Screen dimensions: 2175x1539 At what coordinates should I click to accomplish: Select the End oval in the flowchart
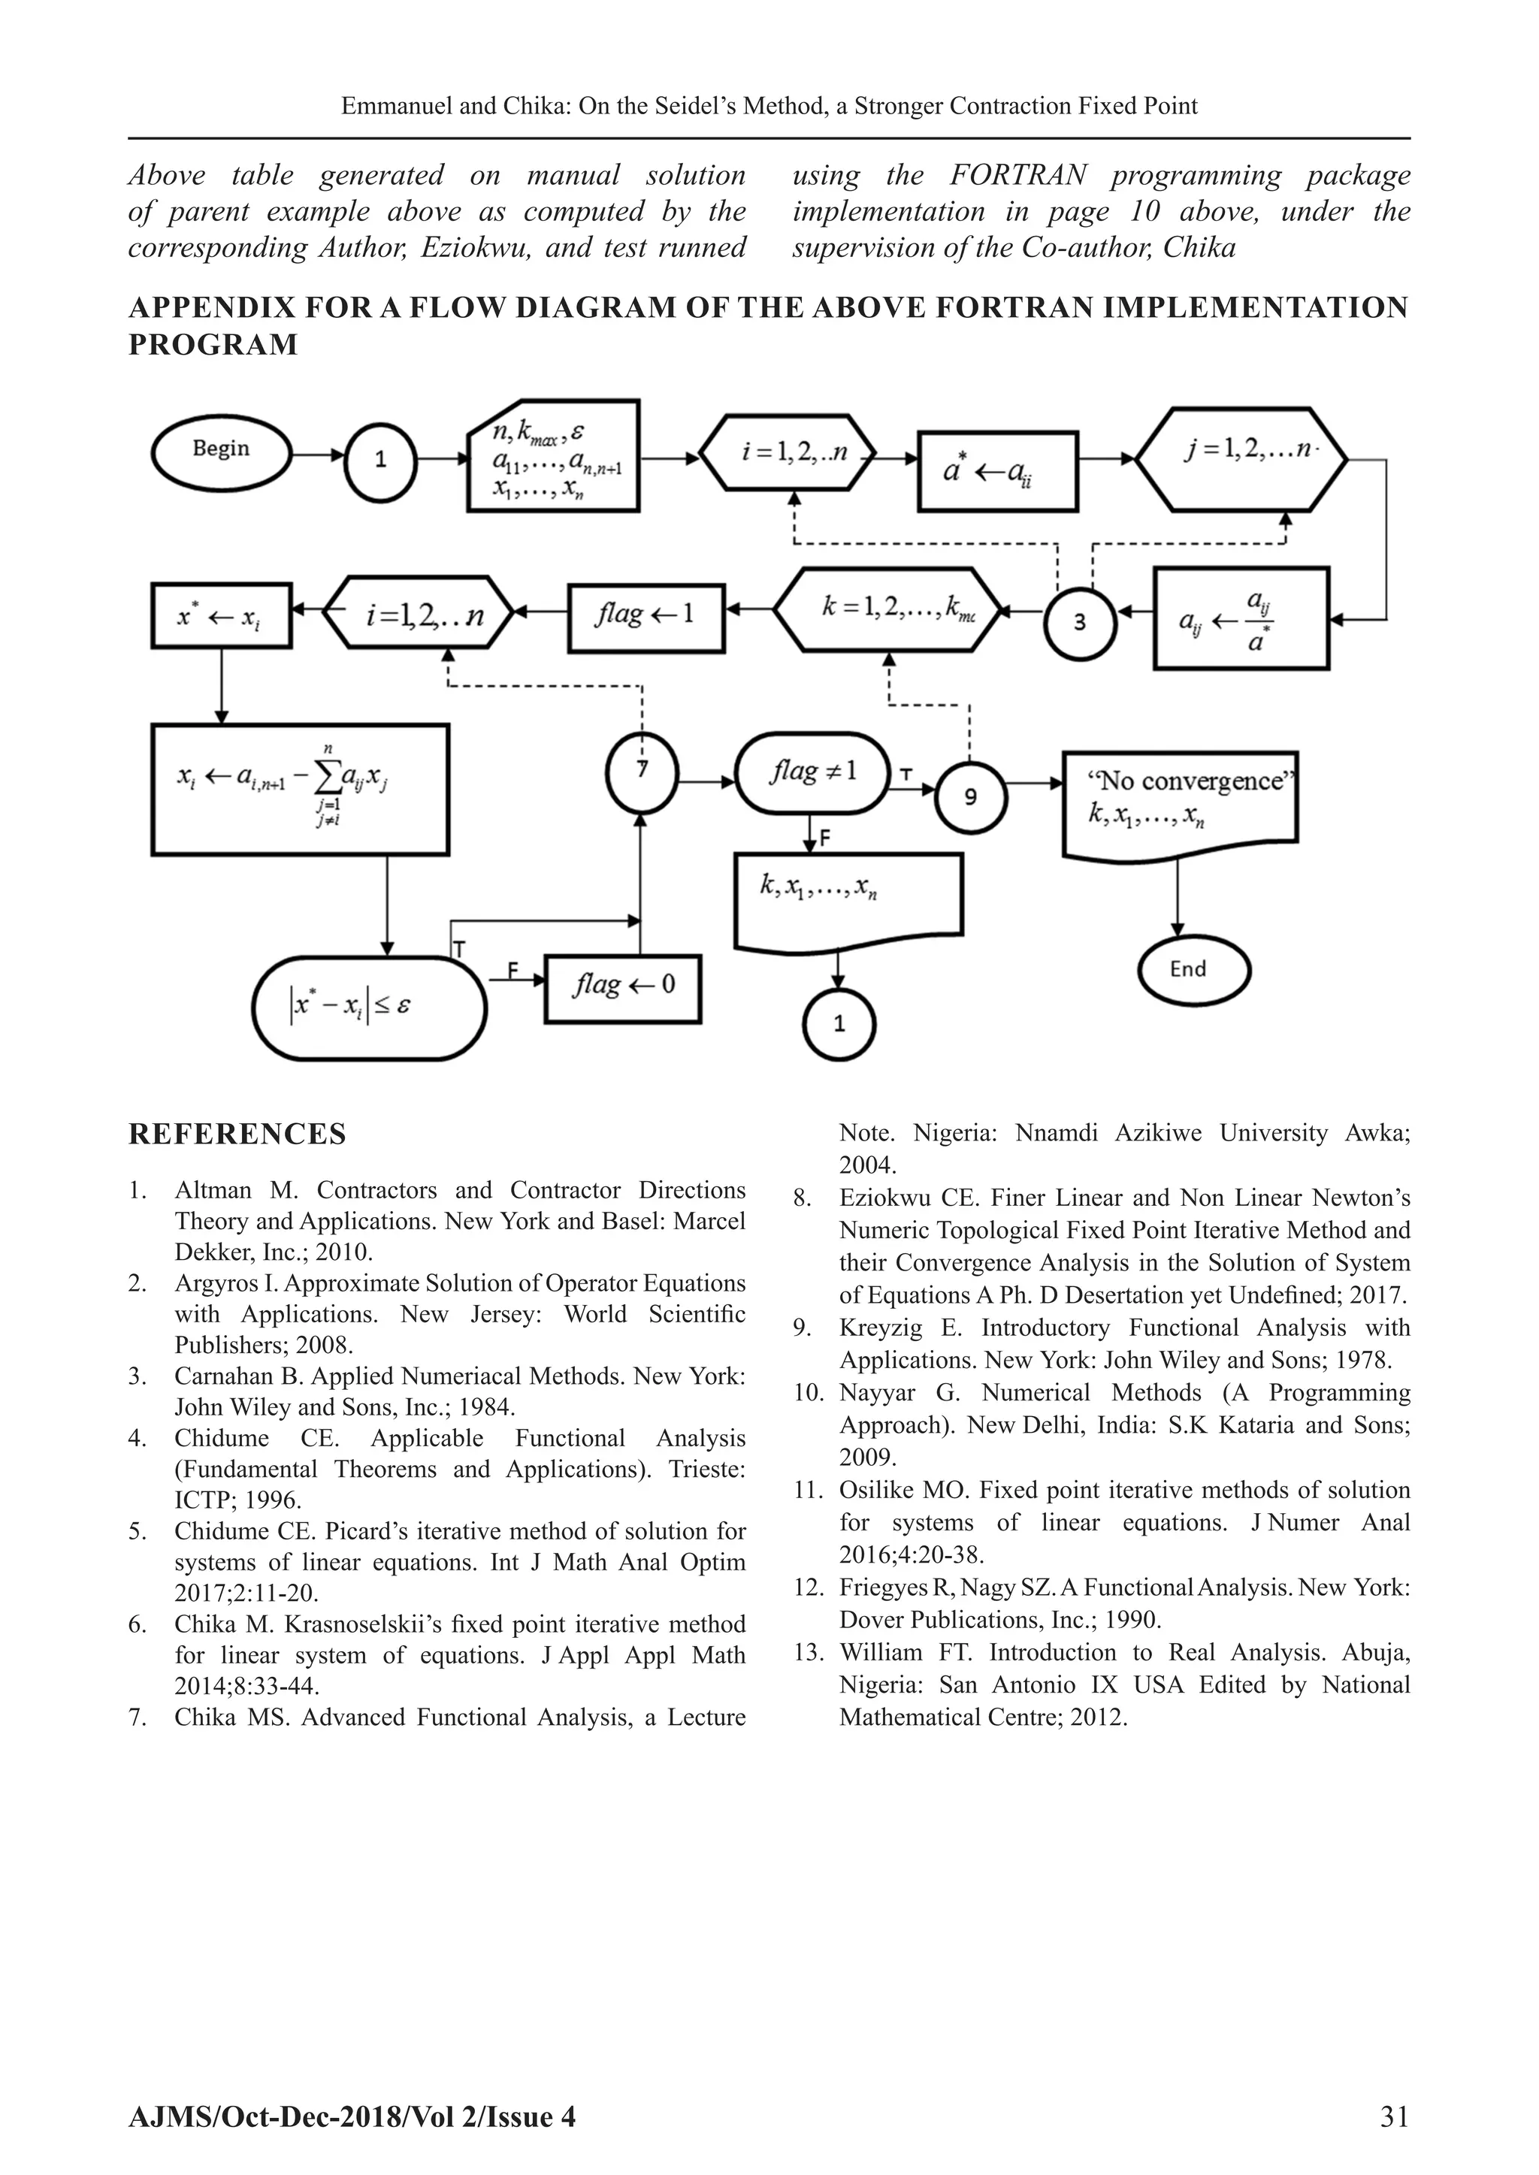point(1193,969)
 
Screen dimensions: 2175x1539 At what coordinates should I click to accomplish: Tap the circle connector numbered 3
point(1079,622)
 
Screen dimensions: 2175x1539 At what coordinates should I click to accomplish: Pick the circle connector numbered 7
point(643,770)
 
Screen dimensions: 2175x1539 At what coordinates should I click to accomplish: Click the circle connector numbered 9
point(970,796)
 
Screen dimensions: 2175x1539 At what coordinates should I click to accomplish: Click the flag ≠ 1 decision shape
point(812,773)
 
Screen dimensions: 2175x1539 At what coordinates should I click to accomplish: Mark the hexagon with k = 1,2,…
point(888,610)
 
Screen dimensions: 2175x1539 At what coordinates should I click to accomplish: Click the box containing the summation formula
point(300,788)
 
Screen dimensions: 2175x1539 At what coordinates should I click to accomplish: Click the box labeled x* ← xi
point(221,616)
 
